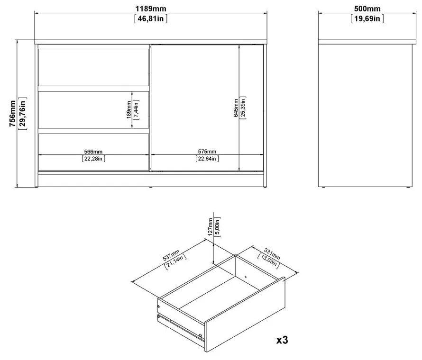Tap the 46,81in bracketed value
pyautogui.click(x=151, y=19)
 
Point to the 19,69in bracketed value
pyautogui.click(x=367, y=19)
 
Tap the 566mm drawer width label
pyautogui.click(x=93, y=151)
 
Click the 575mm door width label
pyautogui.click(x=207, y=151)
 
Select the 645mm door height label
pyautogui.click(x=236, y=109)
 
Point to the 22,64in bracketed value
pyautogui.click(x=207, y=159)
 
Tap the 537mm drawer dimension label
pyautogui.click(x=170, y=254)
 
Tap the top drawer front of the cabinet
pyautogui.click(x=93, y=67)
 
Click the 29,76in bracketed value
pyautogui.click(x=22, y=114)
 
